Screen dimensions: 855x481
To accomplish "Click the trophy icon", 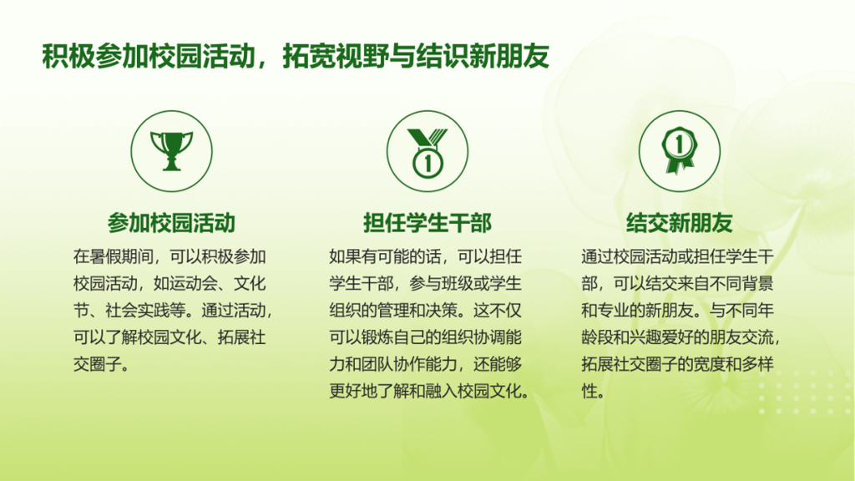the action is [x=172, y=151].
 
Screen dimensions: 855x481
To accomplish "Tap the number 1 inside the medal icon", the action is [x=427, y=163].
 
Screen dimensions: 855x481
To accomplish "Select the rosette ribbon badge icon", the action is [x=679, y=150].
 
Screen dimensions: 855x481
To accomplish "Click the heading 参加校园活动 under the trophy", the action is [x=171, y=223].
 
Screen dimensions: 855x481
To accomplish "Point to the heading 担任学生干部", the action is [x=427, y=223].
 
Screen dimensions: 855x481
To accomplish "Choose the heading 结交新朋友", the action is [x=680, y=223].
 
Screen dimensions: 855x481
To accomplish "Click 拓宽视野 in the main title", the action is [x=336, y=56].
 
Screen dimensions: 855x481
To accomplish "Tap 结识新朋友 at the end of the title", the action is [x=483, y=56].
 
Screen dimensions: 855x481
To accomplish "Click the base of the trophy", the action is [x=172, y=166].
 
